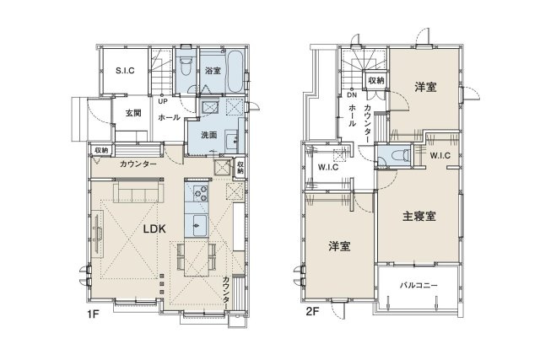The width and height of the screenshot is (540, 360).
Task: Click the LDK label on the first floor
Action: click(153, 228)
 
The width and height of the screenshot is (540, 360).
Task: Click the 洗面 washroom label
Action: click(210, 134)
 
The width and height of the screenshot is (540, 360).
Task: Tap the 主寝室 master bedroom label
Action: click(418, 216)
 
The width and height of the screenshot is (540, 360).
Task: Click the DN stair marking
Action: click(352, 95)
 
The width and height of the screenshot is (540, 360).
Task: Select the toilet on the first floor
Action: click(186, 67)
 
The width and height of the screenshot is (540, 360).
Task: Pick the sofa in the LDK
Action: click(138, 196)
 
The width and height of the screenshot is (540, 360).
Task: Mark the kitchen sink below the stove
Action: click(199, 224)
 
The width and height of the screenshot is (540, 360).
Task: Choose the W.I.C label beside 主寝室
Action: click(439, 155)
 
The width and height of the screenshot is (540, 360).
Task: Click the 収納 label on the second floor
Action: click(375, 80)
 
